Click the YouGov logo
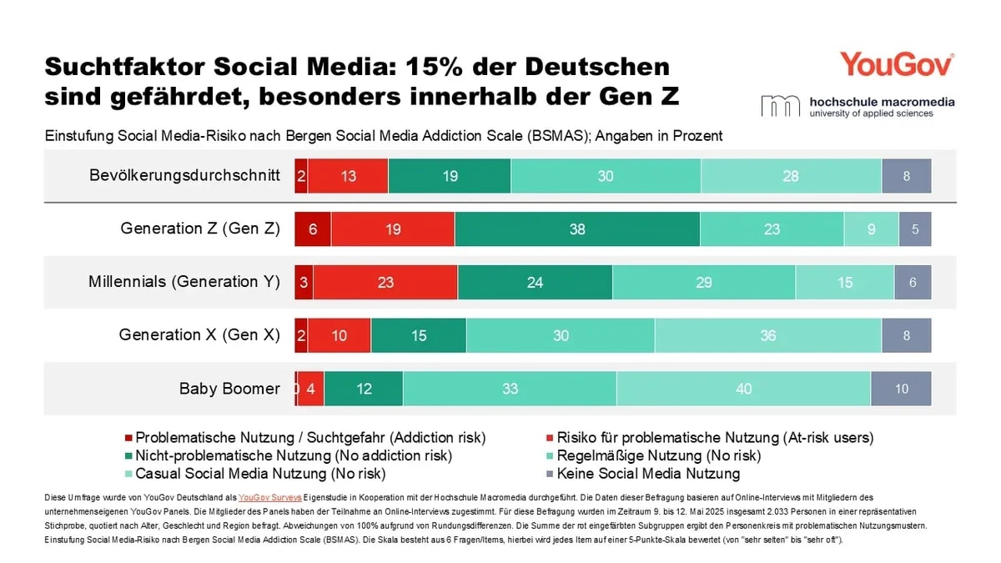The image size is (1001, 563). [x=897, y=64]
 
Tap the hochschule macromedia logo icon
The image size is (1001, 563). [x=779, y=106]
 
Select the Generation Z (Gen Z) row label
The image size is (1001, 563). [x=200, y=229]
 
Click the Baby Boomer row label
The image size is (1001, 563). [x=229, y=389]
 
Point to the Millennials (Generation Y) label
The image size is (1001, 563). [x=184, y=282]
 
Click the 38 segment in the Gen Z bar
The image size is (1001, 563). [x=577, y=229]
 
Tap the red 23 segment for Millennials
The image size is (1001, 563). [x=385, y=282]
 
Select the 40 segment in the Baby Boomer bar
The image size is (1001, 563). [x=743, y=389]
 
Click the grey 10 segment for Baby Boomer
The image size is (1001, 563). [x=901, y=389]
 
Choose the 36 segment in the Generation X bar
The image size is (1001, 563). [x=767, y=335]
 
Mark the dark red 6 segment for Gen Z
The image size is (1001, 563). [x=313, y=229]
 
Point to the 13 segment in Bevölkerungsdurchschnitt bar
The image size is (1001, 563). [x=348, y=176]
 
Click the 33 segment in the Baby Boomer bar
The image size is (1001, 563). [x=509, y=389]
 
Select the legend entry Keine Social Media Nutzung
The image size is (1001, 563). [x=648, y=474]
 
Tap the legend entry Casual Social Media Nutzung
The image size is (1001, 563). [x=260, y=474]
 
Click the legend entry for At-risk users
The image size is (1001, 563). [x=715, y=437]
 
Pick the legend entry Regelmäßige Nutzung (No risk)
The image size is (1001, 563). [x=659, y=455]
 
